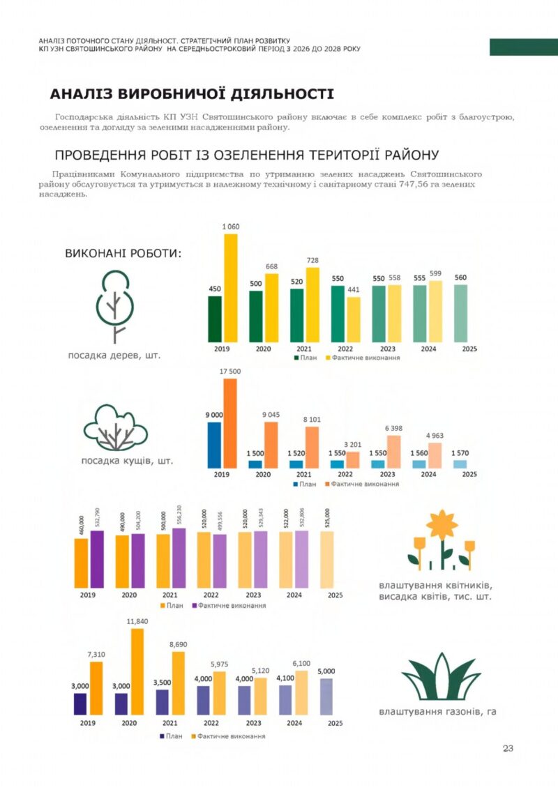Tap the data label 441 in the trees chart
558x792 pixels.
click(x=353, y=290)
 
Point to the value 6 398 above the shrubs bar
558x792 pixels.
click(x=394, y=428)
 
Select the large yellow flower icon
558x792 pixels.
click(x=442, y=526)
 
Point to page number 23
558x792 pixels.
click(x=508, y=748)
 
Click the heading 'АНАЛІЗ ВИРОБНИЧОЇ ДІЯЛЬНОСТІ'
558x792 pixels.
click(x=192, y=94)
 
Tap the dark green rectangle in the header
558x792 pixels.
click(x=523, y=47)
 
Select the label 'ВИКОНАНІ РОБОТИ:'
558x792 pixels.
click(x=123, y=252)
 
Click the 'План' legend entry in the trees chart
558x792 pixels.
click(x=305, y=358)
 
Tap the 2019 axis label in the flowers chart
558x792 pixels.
click(x=88, y=595)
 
